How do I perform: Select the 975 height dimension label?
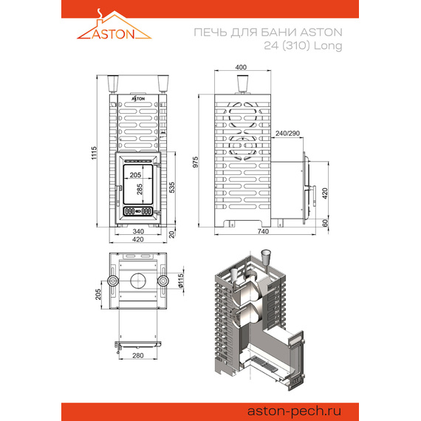click(x=196, y=163)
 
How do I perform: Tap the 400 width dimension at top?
click(x=240, y=68)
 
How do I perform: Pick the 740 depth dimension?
click(x=262, y=231)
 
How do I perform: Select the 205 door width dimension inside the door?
click(x=134, y=175)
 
